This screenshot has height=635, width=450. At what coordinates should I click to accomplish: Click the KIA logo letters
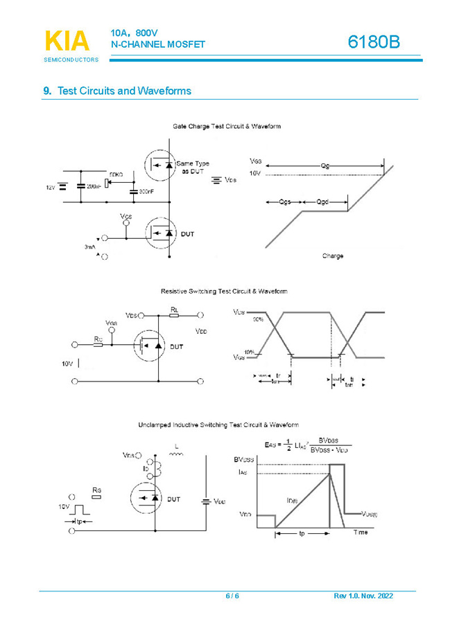[x=67, y=42]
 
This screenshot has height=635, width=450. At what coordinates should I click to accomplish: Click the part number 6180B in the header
[x=374, y=42]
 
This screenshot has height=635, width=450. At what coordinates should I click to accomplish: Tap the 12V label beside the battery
[x=50, y=187]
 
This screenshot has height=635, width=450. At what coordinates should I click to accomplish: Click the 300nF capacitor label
[x=146, y=191]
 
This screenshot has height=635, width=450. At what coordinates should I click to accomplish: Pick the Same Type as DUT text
[x=192, y=168]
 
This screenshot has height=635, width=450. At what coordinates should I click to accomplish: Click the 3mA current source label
[x=90, y=246]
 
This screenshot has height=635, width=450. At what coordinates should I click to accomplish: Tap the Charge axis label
[x=332, y=256]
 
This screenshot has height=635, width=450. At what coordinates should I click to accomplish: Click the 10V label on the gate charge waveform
[x=255, y=174]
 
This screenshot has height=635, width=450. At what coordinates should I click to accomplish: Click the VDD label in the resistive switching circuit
[x=201, y=332]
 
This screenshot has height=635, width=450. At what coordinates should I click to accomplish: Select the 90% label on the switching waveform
[x=258, y=319]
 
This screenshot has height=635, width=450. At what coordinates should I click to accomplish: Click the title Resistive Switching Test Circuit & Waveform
[x=224, y=292]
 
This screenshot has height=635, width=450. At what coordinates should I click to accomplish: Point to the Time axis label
[x=361, y=532]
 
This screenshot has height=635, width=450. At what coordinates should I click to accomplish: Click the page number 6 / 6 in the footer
[x=232, y=596]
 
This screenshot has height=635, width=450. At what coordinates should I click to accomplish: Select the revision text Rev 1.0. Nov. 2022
[x=363, y=596]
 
